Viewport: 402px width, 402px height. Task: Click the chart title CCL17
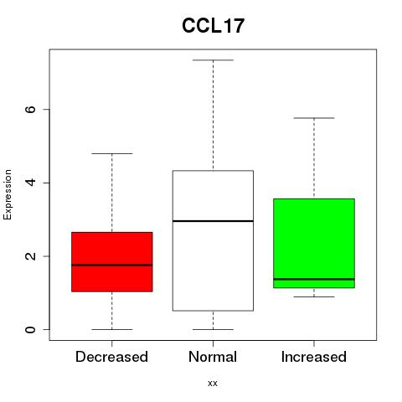(x=213, y=26)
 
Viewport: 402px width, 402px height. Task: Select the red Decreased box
(x=112, y=262)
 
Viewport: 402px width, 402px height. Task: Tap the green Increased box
(x=314, y=243)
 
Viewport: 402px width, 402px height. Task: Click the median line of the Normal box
(x=213, y=221)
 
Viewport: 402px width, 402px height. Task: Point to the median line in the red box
(x=112, y=265)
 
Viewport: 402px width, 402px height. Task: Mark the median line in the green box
(x=314, y=279)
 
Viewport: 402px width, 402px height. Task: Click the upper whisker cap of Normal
(x=213, y=60)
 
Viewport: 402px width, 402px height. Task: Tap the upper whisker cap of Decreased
(x=112, y=153)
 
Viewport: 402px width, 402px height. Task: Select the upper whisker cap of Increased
(x=314, y=118)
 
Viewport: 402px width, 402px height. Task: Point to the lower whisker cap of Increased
(x=314, y=296)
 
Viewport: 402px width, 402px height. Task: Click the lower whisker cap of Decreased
(x=112, y=329)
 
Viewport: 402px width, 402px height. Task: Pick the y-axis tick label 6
(x=30, y=109)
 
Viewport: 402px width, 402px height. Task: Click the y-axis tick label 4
(x=30, y=183)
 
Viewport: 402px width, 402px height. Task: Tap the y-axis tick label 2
(x=30, y=256)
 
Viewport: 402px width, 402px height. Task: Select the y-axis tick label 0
(x=30, y=329)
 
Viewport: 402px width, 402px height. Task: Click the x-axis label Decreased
(x=111, y=357)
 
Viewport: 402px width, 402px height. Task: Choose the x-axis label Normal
(x=213, y=357)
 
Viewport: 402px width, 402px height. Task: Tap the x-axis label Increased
(x=314, y=357)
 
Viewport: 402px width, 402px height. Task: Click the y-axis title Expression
(x=8, y=194)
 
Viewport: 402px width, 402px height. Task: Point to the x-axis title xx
(x=213, y=384)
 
